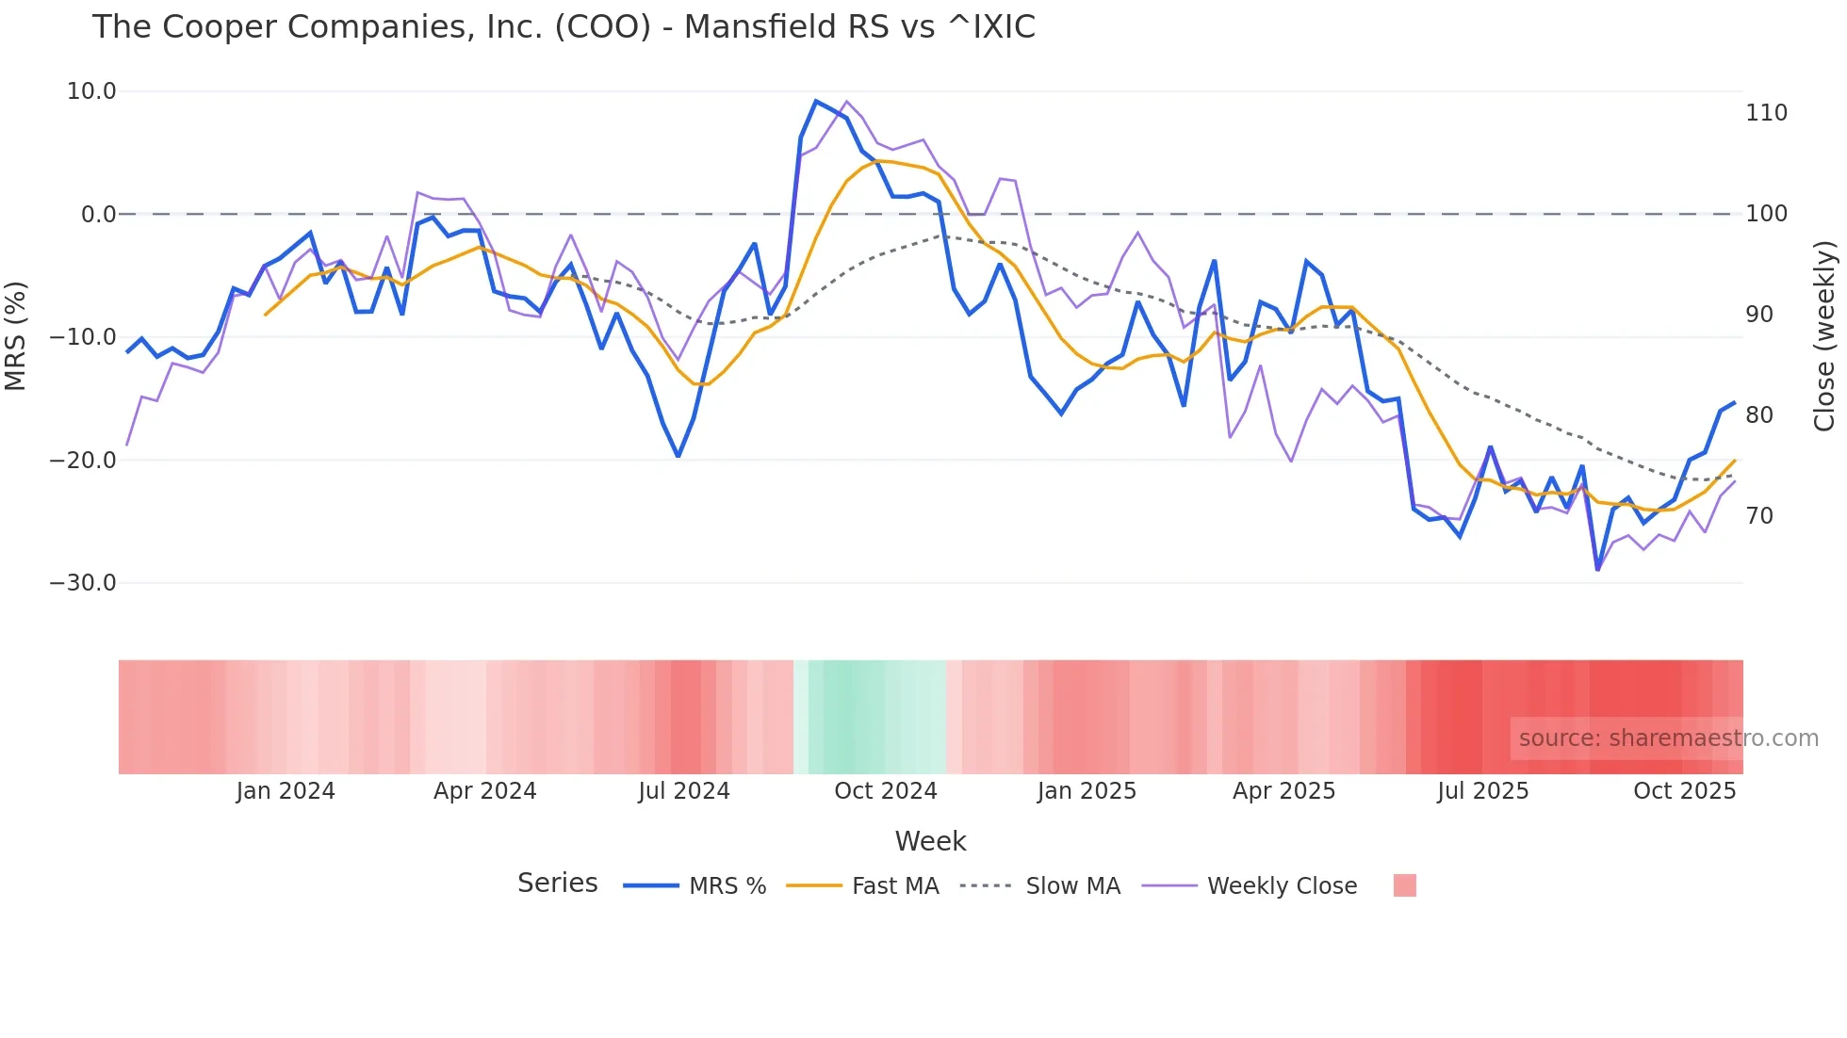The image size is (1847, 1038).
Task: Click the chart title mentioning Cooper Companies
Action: click(564, 27)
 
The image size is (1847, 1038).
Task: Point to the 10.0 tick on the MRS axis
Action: click(91, 91)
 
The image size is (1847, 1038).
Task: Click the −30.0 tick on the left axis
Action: click(84, 583)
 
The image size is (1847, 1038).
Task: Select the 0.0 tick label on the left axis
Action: click(99, 215)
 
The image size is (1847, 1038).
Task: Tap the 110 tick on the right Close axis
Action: click(1766, 113)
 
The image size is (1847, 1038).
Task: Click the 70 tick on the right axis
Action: click(1759, 516)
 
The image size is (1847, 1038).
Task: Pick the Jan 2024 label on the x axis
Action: click(286, 791)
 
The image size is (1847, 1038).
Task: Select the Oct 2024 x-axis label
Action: click(886, 791)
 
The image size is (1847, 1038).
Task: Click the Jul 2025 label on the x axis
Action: click(1483, 791)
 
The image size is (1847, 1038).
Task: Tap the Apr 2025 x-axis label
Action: click(1283, 791)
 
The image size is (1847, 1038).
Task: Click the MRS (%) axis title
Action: click(16, 335)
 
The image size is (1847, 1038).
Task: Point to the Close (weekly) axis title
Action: click(1824, 335)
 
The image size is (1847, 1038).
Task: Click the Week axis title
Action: click(930, 841)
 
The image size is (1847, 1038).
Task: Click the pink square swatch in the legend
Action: click(1405, 885)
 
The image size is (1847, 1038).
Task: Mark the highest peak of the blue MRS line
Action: click(816, 101)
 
